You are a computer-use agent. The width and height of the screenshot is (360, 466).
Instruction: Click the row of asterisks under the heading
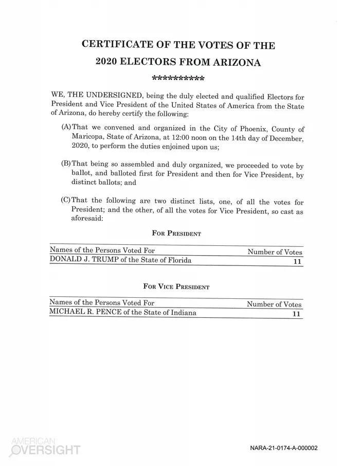pos(178,79)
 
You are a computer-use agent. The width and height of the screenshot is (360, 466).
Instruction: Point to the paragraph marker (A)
pos(67,128)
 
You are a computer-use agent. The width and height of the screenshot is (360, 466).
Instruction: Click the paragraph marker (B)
pos(66,164)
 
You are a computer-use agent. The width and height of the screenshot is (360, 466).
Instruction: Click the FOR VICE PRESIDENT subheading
pos(176,286)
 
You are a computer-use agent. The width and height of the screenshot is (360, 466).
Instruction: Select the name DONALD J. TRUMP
pos(83,260)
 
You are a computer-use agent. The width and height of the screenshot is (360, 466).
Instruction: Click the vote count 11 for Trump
pos(296,261)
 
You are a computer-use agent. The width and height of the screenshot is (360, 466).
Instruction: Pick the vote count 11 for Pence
pos(296,313)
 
